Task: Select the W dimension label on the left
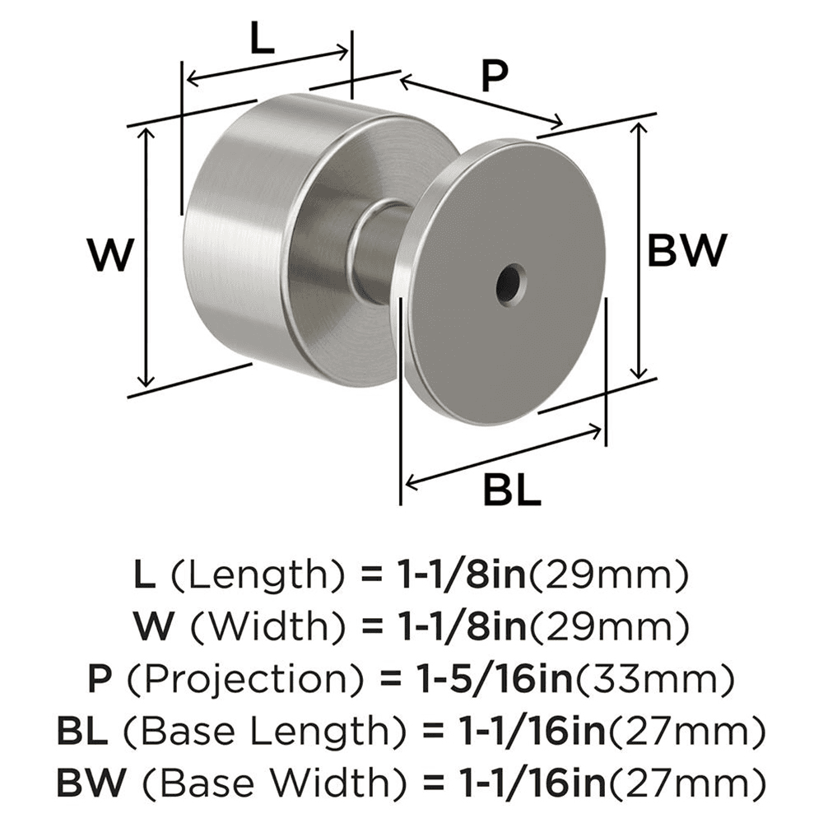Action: point(109,256)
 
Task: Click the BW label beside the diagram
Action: point(687,251)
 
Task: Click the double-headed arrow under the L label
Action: point(268,66)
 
